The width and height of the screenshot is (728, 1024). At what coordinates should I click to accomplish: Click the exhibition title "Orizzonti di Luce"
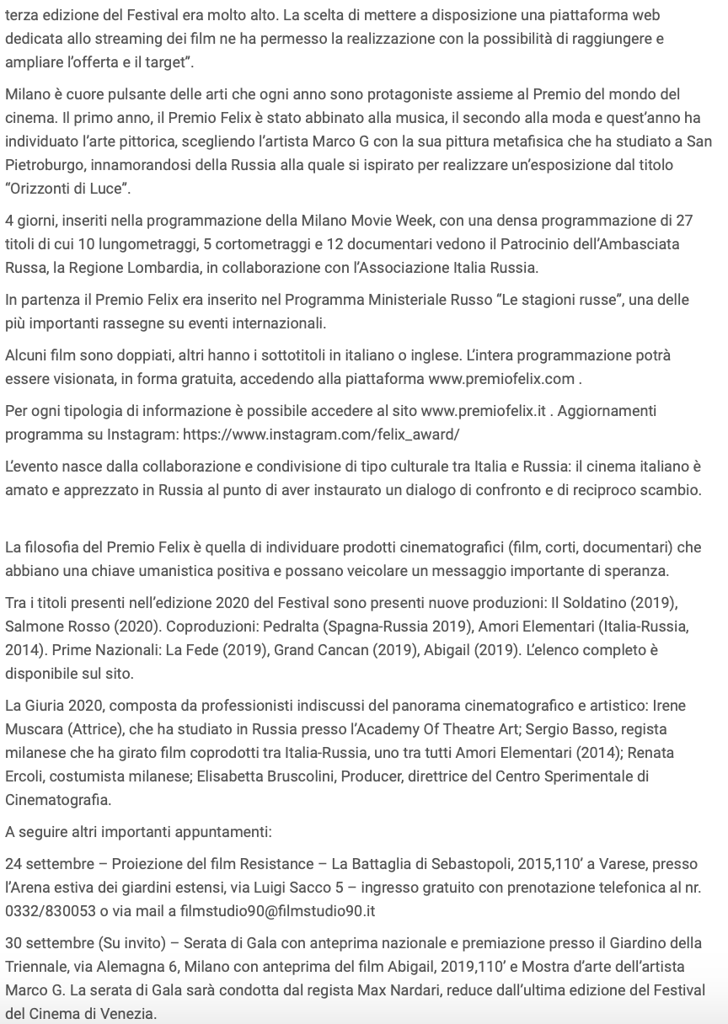pos(62,186)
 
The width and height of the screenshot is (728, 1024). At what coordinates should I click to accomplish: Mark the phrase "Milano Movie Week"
pos(354,221)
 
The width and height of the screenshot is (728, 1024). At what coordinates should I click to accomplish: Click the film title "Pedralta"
pos(281,627)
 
